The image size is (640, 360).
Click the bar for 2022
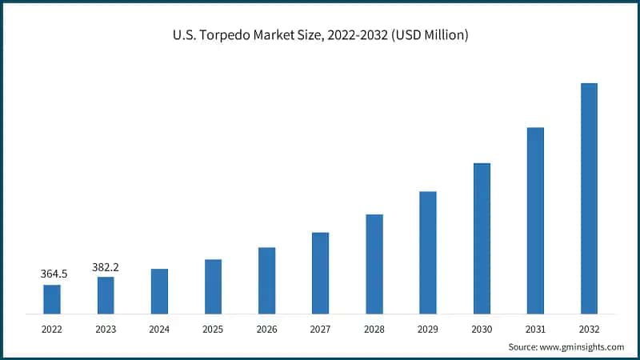click(52, 298)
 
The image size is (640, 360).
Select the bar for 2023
click(106, 294)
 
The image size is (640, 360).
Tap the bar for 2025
click(213, 286)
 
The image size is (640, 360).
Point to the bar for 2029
click(428, 252)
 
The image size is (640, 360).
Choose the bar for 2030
click(482, 238)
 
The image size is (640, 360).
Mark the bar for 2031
click(535, 220)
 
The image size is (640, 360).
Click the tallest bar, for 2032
click(589, 198)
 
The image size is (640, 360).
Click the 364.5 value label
click(54, 274)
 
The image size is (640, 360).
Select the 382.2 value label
click(105, 266)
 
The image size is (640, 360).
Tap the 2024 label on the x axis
click(159, 328)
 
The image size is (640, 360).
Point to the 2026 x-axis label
click(266, 328)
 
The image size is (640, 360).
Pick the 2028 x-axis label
click(374, 328)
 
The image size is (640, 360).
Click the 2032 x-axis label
click(589, 328)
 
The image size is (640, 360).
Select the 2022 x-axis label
click(52, 328)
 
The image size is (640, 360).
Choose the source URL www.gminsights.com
click(583, 346)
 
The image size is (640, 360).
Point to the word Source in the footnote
click(524, 346)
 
